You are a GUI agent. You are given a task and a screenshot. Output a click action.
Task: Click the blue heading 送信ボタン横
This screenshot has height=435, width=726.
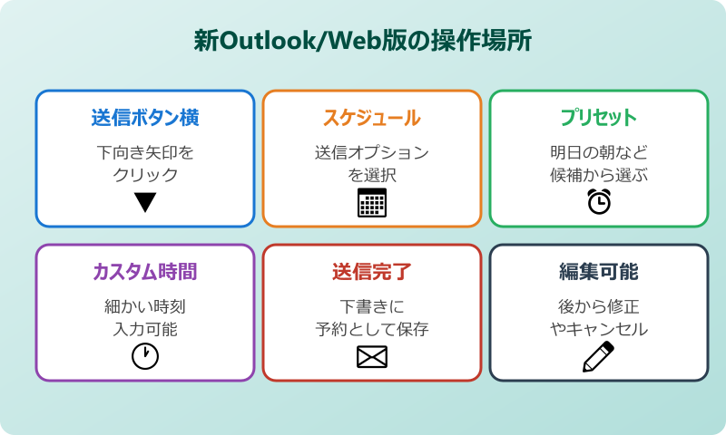[x=145, y=118]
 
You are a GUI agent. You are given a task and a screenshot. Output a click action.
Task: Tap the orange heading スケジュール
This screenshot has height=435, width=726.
[x=372, y=118]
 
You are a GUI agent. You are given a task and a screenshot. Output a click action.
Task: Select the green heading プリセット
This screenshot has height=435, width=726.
[x=599, y=118]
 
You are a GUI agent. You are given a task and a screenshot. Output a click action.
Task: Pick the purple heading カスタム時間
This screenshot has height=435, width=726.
[x=145, y=272]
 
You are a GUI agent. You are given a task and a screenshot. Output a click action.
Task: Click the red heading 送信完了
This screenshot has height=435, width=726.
[x=372, y=272]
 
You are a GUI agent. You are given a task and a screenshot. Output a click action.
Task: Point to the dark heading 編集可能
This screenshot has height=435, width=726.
[x=599, y=272]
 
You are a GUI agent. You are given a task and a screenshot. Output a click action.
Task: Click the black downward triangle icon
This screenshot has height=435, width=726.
[x=145, y=202]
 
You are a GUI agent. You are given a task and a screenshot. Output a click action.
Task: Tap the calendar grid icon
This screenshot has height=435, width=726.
[x=372, y=202]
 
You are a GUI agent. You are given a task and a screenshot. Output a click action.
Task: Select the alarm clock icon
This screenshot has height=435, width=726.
[x=599, y=202]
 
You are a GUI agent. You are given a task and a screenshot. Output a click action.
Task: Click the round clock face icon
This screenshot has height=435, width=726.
[x=145, y=356]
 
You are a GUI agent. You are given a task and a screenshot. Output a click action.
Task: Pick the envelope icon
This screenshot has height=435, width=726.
[x=372, y=357]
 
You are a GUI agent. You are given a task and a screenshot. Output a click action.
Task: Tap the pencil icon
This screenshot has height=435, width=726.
[x=598, y=357]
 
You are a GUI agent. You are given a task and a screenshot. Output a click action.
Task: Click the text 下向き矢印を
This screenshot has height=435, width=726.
[x=145, y=152]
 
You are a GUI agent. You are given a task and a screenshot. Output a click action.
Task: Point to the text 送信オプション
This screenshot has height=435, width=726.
[x=372, y=152]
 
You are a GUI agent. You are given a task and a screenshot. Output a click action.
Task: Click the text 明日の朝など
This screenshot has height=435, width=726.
[x=599, y=152]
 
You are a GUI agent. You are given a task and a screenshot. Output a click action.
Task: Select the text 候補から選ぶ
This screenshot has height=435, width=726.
[x=599, y=174]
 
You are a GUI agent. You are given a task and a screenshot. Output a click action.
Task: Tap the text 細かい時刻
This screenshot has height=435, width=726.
[x=145, y=306]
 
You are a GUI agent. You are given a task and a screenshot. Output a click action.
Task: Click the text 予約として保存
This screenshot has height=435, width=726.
[x=372, y=328]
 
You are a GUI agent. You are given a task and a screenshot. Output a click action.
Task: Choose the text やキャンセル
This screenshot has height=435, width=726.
[x=599, y=328]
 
